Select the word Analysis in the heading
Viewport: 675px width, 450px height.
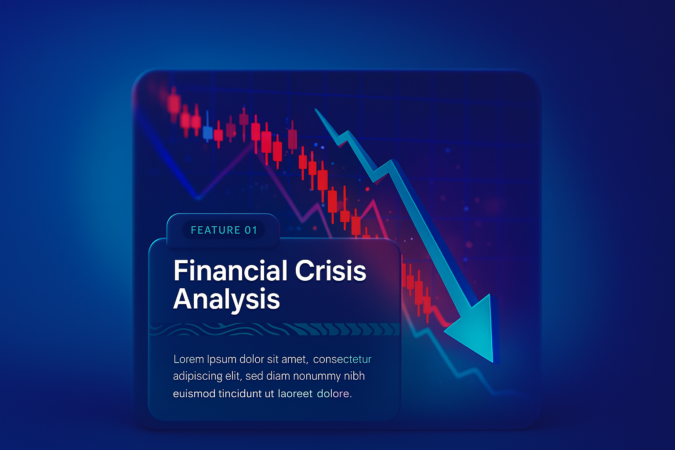coord(227,299)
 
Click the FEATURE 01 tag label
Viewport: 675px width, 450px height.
coord(224,230)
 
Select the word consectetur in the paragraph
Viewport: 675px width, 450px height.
coord(342,359)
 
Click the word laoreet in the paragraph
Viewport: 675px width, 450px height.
coord(295,394)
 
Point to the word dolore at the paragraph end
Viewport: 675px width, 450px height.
coord(333,394)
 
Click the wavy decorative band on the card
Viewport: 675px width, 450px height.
coord(275,329)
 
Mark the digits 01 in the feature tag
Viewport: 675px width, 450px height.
coord(251,230)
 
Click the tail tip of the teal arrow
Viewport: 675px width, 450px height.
coord(315,109)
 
